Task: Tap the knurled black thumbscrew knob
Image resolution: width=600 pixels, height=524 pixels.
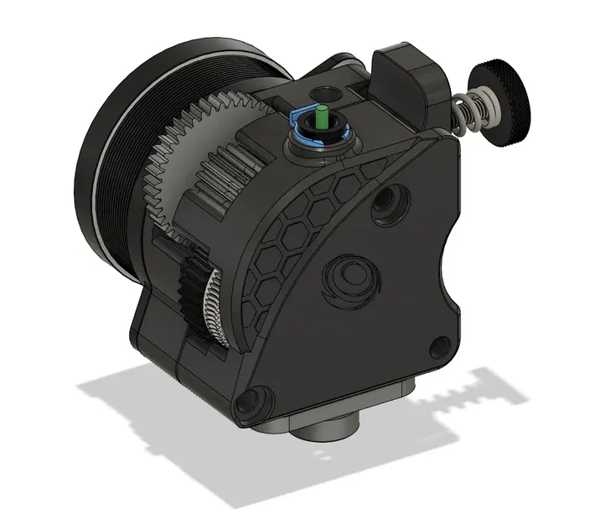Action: tap(508, 103)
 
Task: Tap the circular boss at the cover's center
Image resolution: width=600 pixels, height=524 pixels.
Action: tap(348, 278)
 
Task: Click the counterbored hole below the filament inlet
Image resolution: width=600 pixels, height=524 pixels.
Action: tap(387, 202)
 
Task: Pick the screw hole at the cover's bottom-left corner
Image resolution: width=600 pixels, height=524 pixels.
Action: tap(248, 403)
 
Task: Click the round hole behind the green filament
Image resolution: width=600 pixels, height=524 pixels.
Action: tap(320, 94)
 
